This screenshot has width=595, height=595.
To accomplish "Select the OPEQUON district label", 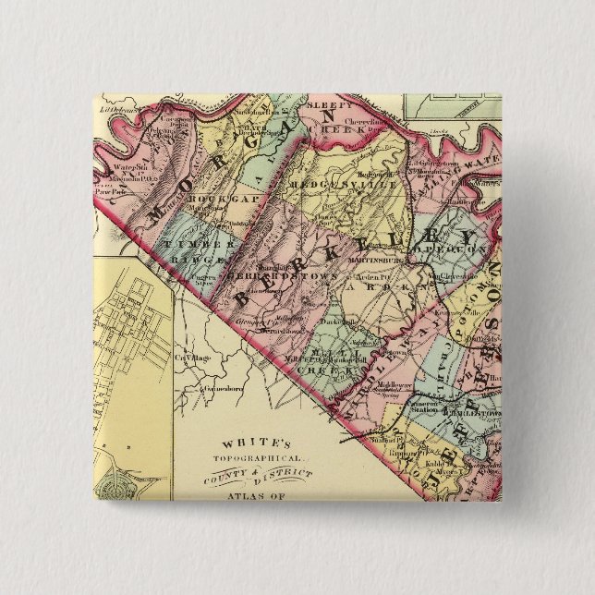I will tap(446, 249).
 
